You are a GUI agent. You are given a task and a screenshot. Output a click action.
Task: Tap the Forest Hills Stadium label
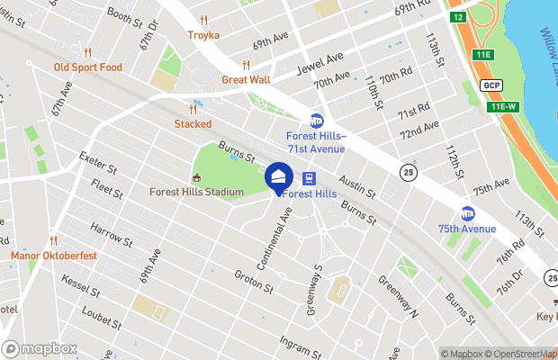point(197,192)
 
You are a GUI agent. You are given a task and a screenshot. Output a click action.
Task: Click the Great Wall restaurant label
point(246,79)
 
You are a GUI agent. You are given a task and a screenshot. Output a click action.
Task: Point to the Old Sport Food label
point(87,67)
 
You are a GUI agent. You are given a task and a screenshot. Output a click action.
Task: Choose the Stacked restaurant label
point(193,123)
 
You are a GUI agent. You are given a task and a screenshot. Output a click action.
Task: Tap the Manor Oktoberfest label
point(53,255)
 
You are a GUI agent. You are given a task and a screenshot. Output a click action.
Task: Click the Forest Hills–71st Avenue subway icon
point(317,120)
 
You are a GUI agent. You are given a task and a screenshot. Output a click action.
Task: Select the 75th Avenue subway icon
point(468,213)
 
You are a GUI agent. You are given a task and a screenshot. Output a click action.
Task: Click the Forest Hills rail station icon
point(309,178)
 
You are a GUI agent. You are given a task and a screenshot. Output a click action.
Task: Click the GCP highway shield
point(490,85)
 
